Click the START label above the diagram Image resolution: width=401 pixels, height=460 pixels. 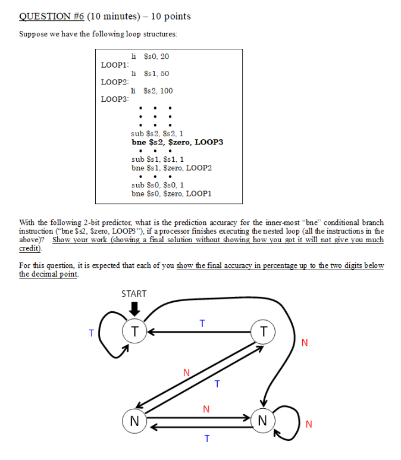(133, 293)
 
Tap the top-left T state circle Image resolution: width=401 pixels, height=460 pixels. (135, 331)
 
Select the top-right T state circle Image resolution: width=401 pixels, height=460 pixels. (263, 331)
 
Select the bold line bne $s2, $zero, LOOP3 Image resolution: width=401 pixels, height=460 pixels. (177, 142)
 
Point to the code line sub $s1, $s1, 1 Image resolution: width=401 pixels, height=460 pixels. (158, 159)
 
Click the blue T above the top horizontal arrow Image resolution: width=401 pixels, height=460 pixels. (202, 323)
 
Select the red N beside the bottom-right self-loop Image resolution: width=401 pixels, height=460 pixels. (308, 424)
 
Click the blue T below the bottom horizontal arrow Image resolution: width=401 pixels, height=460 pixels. (206, 439)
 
